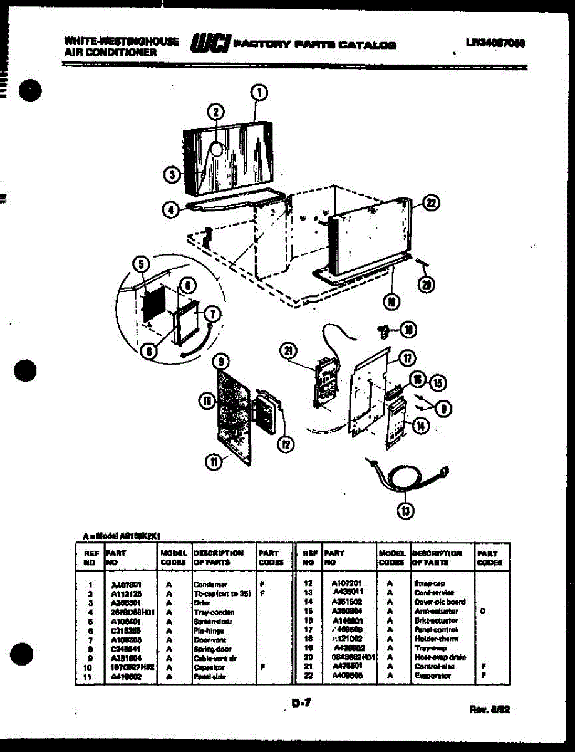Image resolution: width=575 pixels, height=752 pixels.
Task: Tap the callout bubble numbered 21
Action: (x=290, y=352)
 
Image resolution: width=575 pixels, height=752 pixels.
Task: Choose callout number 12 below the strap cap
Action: (x=286, y=444)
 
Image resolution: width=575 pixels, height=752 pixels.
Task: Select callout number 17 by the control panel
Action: (x=408, y=358)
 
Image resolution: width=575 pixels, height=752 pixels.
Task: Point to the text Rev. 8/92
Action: (x=490, y=709)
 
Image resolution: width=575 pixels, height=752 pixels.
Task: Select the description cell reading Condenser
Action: (x=210, y=584)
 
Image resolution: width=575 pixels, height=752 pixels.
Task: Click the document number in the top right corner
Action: (x=495, y=43)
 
